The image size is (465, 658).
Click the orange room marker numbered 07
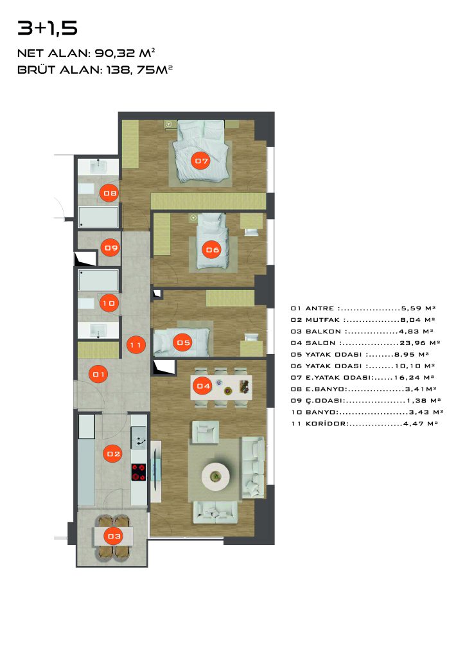[201, 161]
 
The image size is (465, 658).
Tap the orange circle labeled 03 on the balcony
[114, 536]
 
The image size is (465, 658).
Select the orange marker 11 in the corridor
[136, 345]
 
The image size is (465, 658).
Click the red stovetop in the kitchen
[139, 472]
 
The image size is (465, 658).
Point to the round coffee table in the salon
[216, 476]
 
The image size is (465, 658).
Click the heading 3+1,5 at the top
[48, 28]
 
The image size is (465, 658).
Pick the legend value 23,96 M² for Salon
[419, 343]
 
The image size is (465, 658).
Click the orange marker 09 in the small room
[111, 248]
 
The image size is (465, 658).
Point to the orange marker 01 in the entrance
[99, 374]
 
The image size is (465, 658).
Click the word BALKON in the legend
[323, 332]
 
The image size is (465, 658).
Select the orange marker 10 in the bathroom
[109, 303]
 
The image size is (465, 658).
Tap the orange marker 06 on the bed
[213, 250]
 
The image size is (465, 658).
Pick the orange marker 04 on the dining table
[203, 386]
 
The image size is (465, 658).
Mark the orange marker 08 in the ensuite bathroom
[110, 193]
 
